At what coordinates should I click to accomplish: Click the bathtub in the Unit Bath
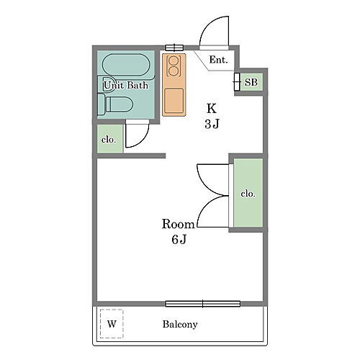pos(126,66)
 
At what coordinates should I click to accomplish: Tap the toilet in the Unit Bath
pos(115,104)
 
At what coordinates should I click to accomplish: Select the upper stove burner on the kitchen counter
pos(174,60)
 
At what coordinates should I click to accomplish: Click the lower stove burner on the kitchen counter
pos(174,71)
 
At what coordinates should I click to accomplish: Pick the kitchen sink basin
pos(174,101)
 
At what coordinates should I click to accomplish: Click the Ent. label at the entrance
pos(218,60)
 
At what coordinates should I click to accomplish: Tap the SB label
pos(251,82)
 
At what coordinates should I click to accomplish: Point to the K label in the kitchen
pos(212,109)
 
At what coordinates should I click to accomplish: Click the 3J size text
pos(212,124)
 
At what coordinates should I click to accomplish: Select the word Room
pos(178,224)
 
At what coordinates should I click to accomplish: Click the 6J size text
pos(179,240)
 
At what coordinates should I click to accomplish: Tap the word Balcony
pos(180,324)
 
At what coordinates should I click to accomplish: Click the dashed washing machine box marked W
pos(112,324)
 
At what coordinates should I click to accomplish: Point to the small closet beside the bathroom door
pos(110,139)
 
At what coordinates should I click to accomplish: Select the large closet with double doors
pos(248,193)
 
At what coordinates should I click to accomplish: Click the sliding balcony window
pos(203,304)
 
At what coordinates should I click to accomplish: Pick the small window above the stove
pos(174,48)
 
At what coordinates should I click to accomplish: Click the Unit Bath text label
pos(126,86)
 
